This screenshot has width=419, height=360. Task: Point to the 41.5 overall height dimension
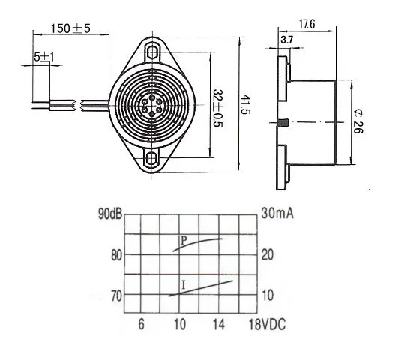[244, 103]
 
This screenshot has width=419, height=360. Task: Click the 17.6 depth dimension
[305, 24]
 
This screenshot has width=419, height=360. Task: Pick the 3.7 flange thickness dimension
[286, 39]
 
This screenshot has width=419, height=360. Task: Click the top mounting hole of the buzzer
[154, 52]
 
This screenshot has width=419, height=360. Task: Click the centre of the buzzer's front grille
[154, 105]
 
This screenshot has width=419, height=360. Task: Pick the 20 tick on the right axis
[268, 255]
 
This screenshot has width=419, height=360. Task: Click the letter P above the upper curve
[184, 241]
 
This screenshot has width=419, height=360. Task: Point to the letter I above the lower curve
[184, 283]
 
